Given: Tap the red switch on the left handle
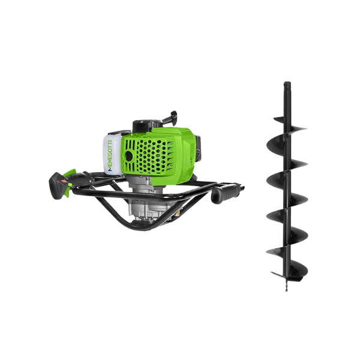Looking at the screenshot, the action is pos(64,181).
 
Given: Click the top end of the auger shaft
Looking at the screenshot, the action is pos(287,83).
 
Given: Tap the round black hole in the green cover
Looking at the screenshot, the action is pos(129,157).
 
